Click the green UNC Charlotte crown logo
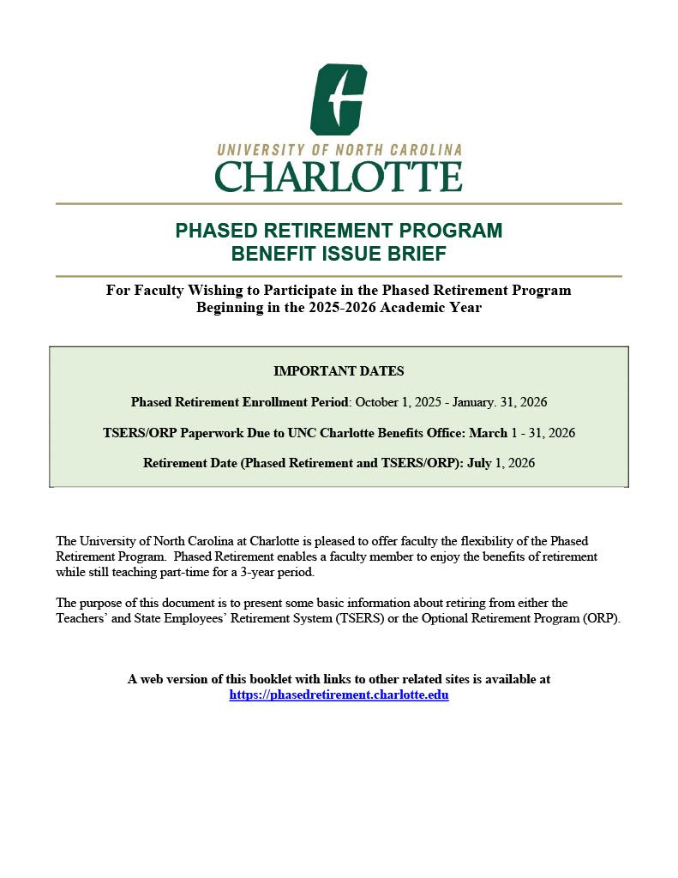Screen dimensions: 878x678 tap(339, 99)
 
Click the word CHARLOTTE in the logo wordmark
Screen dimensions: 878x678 tap(339, 177)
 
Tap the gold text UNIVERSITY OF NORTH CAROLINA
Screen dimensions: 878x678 tap(339, 150)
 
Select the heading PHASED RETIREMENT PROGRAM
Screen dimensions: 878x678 tap(339, 231)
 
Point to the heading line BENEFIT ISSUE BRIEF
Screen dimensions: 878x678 tap(339, 254)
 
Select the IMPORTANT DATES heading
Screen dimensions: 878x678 tap(339, 371)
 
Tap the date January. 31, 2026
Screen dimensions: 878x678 tap(497, 402)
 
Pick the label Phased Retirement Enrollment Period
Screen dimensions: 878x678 tap(241, 402)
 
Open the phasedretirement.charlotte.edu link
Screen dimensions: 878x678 tap(339, 695)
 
